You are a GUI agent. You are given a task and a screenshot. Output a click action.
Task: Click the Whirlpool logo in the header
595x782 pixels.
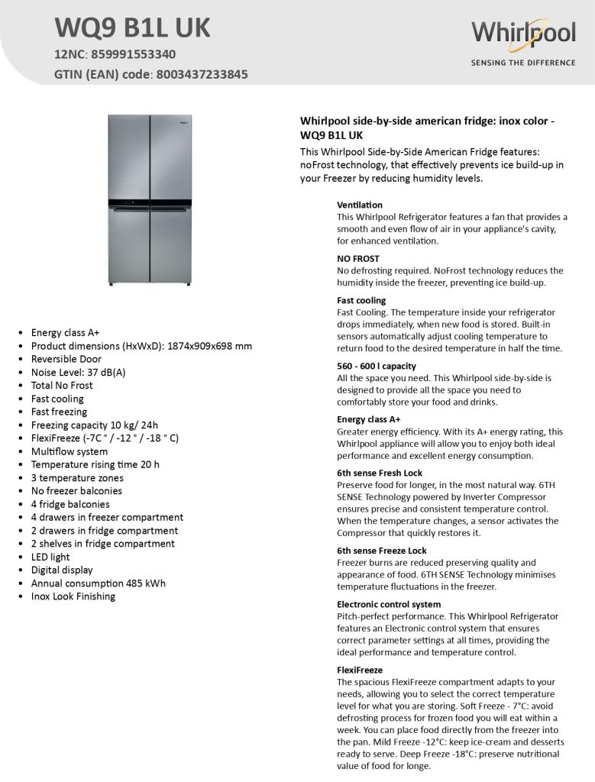pos(522,34)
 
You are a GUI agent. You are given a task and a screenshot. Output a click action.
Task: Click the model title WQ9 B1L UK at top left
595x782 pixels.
pos(132,28)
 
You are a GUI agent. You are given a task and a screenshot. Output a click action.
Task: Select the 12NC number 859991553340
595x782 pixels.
pos(134,54)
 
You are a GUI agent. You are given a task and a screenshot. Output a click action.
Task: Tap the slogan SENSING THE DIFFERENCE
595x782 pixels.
pos(522,63)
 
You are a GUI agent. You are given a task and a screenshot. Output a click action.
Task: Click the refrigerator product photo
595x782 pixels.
pos(150,200)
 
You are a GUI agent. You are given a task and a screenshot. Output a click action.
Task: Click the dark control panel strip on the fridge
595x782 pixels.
pos(150,204)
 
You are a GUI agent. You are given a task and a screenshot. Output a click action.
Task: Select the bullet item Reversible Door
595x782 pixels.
pos(66,359)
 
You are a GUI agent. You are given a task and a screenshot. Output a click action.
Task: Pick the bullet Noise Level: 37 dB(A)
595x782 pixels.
pos(78,372)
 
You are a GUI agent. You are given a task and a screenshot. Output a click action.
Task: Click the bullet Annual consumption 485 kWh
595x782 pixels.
pos(98,583)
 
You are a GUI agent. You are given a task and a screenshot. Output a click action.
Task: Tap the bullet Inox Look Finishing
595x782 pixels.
pos(73,596)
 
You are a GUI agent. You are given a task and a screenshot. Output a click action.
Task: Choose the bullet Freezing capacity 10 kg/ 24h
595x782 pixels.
pos(94,425)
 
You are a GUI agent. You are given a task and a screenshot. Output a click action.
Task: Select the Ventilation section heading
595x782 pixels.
pos(360,205)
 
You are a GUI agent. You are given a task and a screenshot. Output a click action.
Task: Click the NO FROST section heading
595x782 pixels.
pos(358,258)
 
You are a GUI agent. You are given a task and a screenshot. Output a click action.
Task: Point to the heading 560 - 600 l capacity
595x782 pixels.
pos(377,366)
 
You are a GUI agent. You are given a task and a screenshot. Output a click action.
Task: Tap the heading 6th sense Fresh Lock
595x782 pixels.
pos(380,473)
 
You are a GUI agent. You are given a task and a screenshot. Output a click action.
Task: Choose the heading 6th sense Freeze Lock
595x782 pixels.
pos(382,550)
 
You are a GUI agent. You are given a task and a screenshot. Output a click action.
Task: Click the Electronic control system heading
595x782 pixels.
pos(389,604)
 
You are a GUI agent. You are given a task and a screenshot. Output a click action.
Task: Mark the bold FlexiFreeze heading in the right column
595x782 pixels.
pos(360,670)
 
